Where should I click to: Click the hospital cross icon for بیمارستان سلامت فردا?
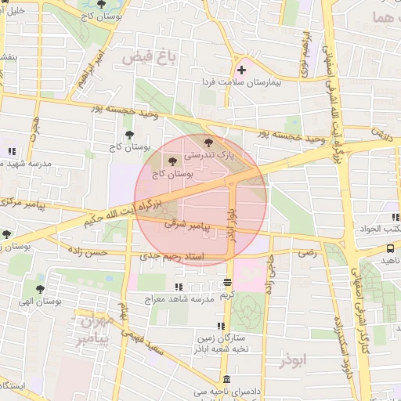click(x=242, y=70)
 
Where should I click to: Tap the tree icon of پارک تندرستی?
click(x=208, y=143)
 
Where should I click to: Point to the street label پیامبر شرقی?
click(x=189, y=224)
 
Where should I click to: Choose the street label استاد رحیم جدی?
click(x=171, y=256)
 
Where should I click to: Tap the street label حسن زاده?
click(x=87, y=252)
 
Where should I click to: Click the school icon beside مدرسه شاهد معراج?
click(x=179, y=287)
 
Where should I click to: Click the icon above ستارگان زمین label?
click(x=222, y=326)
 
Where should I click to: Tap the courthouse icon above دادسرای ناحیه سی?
click(x=226, y=379)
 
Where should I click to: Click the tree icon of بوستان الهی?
click(x=40, y=288)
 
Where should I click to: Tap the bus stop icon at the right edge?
click(x=391, y=248)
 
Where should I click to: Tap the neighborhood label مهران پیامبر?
click(x=96, y=330)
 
